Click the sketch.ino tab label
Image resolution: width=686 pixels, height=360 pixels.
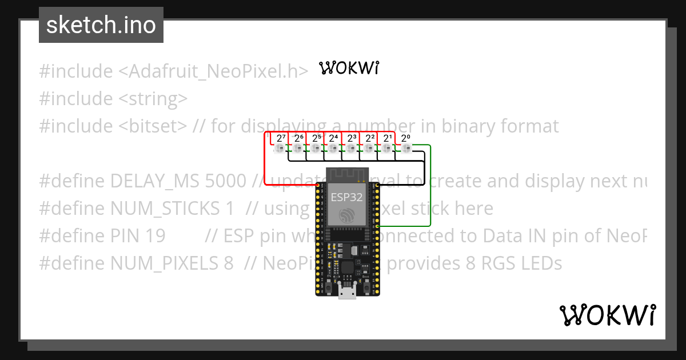coord(101,25)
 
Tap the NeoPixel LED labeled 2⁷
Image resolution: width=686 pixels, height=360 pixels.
coord(280,149)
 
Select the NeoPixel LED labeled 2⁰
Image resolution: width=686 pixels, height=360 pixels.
coord(406,149)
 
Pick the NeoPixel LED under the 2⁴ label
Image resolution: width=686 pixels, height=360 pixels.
coord(334,149)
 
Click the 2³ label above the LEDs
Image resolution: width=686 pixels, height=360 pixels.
coord(352,138)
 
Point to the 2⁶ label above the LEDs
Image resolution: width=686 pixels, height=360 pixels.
coord(298,138)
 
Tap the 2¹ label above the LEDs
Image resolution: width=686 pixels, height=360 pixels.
coord(388,138)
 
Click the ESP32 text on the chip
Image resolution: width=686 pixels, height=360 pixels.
coord(345,198)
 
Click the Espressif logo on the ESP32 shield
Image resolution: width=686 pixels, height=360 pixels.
coord(345,215)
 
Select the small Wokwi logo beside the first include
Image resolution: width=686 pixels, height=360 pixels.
coord(349,69)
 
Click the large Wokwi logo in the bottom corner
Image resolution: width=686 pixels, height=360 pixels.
coord(608,316)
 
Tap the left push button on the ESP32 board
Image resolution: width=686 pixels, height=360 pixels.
coord(324,284)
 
